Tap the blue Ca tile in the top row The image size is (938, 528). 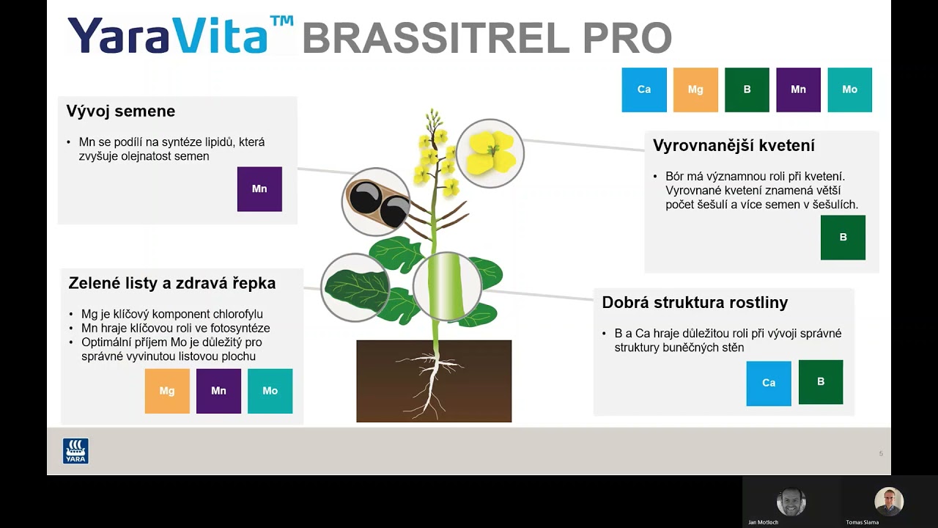pos(644,89)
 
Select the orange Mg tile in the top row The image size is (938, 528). pos(695,89)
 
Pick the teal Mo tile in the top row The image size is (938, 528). pos(849,89)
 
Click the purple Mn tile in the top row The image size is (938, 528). pos(798,89)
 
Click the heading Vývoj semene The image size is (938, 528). pos(121,111)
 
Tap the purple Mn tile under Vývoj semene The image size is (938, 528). pos(259,189)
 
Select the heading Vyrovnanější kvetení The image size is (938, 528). pos(734,146)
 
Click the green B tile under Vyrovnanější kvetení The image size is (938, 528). pos(843,238)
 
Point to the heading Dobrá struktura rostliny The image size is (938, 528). pos(695,302)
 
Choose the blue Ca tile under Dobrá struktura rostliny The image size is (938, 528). pos(769,383)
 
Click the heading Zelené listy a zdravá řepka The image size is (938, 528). pos(172,283)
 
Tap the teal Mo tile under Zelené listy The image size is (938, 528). pos(270,391)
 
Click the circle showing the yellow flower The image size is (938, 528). pos(490,153)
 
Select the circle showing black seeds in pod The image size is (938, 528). pos(375,202)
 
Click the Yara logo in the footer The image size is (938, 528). pos(75,451)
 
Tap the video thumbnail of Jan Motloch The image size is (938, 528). pos(791,502)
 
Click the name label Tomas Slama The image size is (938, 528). pos(862,522)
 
